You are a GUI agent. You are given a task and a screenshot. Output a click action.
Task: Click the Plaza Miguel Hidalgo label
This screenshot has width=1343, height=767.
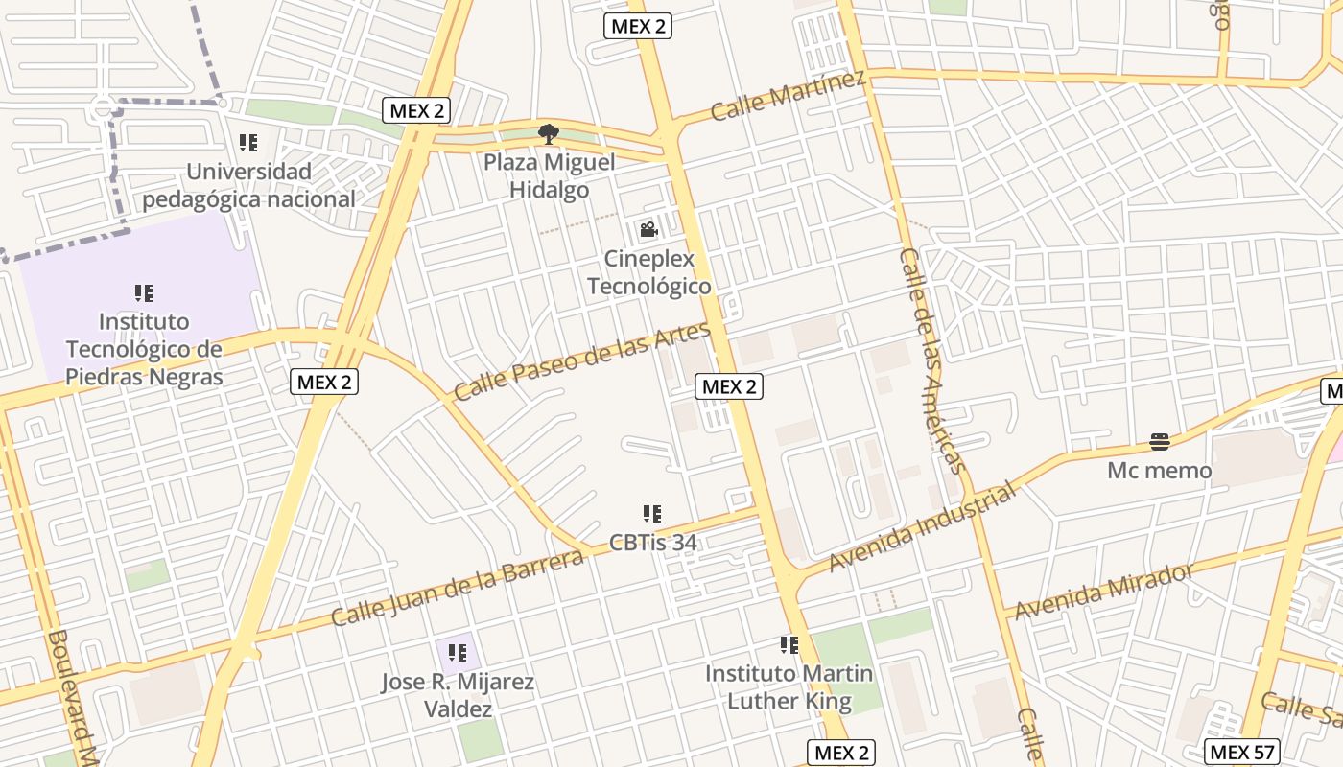click(x=549, y=176)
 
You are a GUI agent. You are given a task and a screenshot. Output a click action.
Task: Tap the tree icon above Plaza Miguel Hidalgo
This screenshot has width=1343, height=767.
click(x=548, y=134)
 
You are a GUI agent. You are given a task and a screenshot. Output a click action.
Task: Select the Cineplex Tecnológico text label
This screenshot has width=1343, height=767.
click(x=648, y=273)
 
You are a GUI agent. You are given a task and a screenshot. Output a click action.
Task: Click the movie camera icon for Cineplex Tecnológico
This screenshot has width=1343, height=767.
click(x=648, y=230)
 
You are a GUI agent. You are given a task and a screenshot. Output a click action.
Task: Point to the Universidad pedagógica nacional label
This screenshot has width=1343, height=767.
click(x=248, y=186)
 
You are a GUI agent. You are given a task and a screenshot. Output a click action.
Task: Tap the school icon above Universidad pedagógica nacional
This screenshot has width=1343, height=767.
click(x=248, y=144)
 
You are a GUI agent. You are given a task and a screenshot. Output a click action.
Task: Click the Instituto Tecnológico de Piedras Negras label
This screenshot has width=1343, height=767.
click(x=144, y=349)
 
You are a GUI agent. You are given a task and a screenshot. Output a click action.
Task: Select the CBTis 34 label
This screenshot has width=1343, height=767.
click(x=652, y=543)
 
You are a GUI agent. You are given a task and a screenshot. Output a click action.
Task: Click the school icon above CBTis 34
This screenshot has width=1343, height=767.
click(x=652, y=515)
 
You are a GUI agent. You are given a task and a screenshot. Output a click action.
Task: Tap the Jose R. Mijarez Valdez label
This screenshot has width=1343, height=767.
click(x=458, y=696)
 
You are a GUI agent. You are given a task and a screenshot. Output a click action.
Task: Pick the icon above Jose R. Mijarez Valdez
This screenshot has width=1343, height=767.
click(x=458, y=654)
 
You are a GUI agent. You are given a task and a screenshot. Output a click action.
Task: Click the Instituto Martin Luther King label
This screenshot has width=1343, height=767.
click(x=789, y=687)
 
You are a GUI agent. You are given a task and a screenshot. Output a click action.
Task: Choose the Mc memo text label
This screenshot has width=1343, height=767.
click(x=1159, y=471)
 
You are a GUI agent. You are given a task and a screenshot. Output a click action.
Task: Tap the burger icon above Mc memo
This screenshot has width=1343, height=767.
click(x=1160, y=442)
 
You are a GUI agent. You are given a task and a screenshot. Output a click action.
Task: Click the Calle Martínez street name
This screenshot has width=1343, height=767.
click(x=788, y=96)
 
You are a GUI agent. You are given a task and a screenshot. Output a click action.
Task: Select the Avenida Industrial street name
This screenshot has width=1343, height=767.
click(x=921, y=528)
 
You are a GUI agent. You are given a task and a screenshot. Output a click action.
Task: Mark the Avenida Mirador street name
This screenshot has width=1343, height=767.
click(x=1103, y=592)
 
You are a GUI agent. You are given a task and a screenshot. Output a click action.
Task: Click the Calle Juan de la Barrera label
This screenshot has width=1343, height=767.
click(x=458, y=587)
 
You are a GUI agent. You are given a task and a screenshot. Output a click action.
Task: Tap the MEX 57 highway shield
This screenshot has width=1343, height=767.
click(x=1241, y=753)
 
